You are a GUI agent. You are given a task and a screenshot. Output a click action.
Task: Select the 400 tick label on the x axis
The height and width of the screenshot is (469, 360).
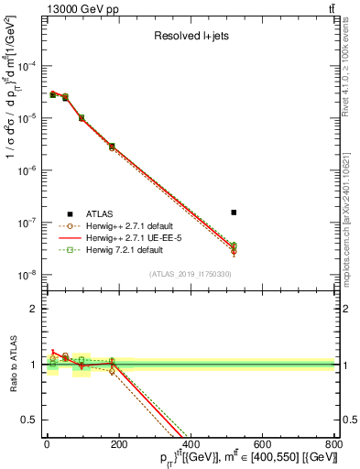point(190,443)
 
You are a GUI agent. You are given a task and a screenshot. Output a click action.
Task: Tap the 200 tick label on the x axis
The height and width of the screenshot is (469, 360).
point(118,443)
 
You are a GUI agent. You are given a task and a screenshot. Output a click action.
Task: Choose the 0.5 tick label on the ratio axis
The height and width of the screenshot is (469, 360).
point(30,420)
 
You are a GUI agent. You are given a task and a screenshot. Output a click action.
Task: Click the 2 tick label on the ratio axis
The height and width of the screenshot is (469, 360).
point(34,309)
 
